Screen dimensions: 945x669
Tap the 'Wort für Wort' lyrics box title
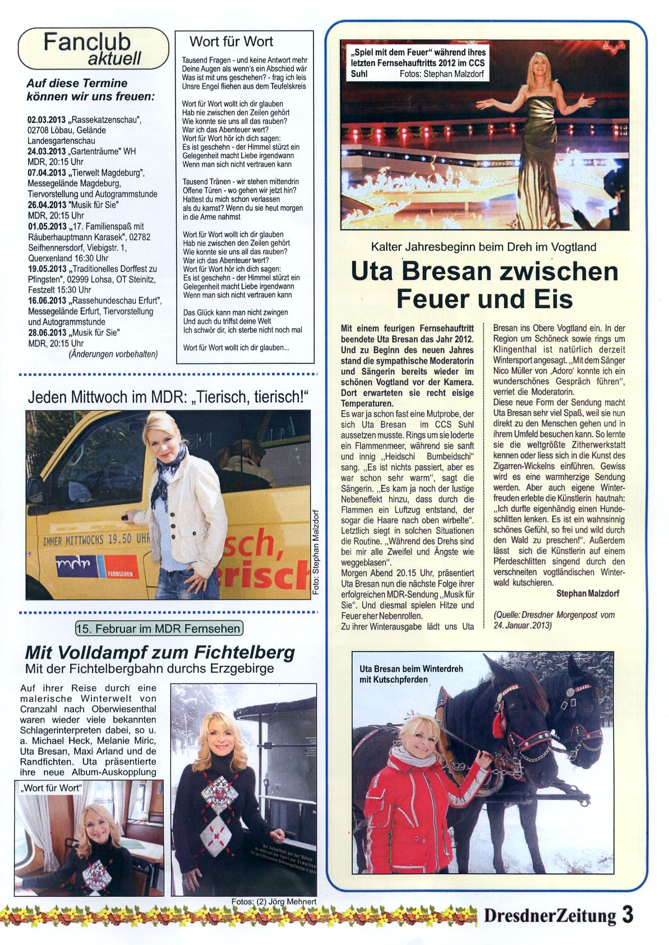(231, 42)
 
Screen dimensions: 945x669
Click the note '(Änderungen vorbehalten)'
(113, 354)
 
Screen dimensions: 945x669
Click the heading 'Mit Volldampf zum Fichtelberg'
(160, 653)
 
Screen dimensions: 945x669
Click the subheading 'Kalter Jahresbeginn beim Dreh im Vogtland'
(483, 247)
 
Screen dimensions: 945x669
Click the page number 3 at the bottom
(628, 915)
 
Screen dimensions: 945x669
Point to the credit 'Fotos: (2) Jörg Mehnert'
(274, 901)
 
